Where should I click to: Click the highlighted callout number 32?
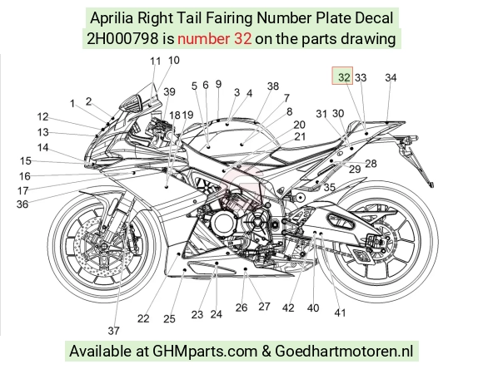point(344,76)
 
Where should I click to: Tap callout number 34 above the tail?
point(391,77)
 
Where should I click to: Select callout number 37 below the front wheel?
point(113,331)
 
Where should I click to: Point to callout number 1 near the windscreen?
point(72,104)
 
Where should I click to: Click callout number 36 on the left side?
point(22,204)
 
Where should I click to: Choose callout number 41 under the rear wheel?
point(340,313)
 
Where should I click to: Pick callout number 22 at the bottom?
point(143,318)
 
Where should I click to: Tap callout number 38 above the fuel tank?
point(273,86)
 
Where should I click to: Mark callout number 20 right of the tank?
point(299,125)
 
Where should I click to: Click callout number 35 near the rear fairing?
point(329,187)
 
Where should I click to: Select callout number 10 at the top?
point(174,61)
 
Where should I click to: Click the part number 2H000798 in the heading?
point(122,39)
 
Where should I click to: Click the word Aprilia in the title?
point(112,18)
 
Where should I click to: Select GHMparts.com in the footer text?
point(205,352)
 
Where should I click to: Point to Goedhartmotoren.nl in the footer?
point(344,351)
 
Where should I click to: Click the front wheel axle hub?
point(104,246)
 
